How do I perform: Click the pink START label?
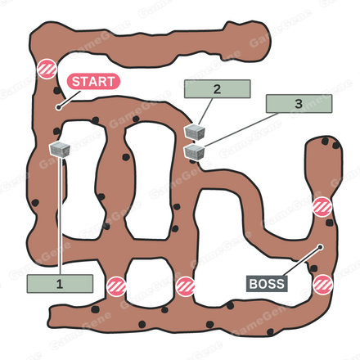(x=93, y=82)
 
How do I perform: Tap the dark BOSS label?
(x=267, y=284)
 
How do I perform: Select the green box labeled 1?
(x=60, y=284)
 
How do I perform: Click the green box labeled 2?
(x=218, y=89)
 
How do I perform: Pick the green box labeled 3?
(x=299, y=104)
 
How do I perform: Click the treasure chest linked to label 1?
(x=60, y=150)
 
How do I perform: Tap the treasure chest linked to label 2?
(x=195, y=132)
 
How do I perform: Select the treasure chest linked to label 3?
(x=194, y=151)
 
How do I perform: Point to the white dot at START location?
(x=58, y=107)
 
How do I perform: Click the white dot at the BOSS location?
(x=321, y=247)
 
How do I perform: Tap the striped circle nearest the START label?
(x=47, y=69)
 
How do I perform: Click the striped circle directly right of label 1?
(x=116, y=286)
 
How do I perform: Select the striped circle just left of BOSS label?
(x=186, y=286)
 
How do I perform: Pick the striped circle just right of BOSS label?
(x=323, y=285)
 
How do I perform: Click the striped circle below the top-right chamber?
(x=322, y=207)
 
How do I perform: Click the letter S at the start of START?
(x=76, y=82)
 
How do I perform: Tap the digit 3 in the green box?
(x=299, y=104)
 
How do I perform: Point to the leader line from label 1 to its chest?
(x=60, y=216)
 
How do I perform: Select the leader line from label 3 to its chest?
(x=241, y=129)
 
